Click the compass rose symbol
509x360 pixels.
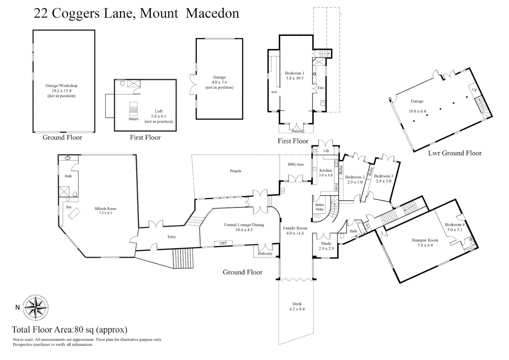tap(36, 308)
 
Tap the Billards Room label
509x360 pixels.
tap(105, 209)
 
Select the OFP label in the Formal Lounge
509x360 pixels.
tap(223, 243)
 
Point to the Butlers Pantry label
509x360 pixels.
tap(320, 207)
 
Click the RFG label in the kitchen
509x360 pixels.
tap(336, 187)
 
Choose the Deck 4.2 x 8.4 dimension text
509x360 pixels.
tap(297, 309)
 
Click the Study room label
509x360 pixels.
tap(326, 244)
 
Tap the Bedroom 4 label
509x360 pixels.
tap(455, 225)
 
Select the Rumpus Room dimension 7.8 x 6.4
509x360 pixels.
tap(425, 245)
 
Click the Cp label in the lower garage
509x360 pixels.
tap(474, 90)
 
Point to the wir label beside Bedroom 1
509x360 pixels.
tap(274, 92)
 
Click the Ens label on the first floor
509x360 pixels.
tap(321, 88)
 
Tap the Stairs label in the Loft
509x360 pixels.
tap(134, 119)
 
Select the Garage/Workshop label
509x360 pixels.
tap(61, 86)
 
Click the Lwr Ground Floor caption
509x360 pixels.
tap(455, 153)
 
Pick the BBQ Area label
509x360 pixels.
tap(296, 164)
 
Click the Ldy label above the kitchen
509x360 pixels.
tap(326, 151)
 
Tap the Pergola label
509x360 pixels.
tap(235, 171)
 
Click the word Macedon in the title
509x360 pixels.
tap(212, 13)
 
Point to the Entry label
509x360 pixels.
tap(172, 237)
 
